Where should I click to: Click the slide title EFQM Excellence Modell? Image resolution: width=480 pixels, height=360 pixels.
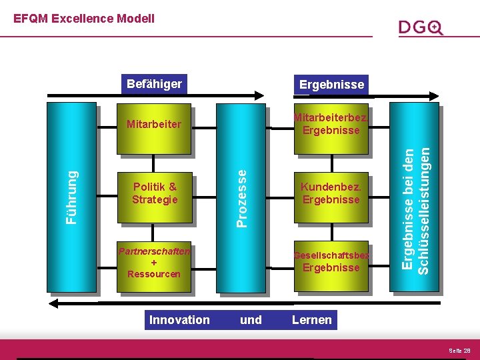84,19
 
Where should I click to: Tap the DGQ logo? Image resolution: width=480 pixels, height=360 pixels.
421,27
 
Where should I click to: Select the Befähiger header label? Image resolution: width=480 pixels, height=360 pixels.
155,84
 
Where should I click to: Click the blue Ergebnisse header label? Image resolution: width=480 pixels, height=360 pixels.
331,85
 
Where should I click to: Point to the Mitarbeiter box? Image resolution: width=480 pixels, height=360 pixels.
154,124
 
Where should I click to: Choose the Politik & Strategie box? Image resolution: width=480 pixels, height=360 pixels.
155,193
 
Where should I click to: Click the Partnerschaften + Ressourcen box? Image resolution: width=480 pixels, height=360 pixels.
154,263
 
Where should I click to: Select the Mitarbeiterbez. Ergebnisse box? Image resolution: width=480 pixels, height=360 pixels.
331,124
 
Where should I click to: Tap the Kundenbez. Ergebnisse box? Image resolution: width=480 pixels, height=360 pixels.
331,193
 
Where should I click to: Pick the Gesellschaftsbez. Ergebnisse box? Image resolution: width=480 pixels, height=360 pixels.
331,262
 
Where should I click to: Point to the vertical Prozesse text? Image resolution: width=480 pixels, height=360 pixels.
243,197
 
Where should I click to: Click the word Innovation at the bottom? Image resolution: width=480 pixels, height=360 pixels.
179,320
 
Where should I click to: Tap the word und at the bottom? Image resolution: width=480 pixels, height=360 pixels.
251,320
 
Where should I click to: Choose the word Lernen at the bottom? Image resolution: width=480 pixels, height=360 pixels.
311,320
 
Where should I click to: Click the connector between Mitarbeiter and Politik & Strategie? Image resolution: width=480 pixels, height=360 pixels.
154,165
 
